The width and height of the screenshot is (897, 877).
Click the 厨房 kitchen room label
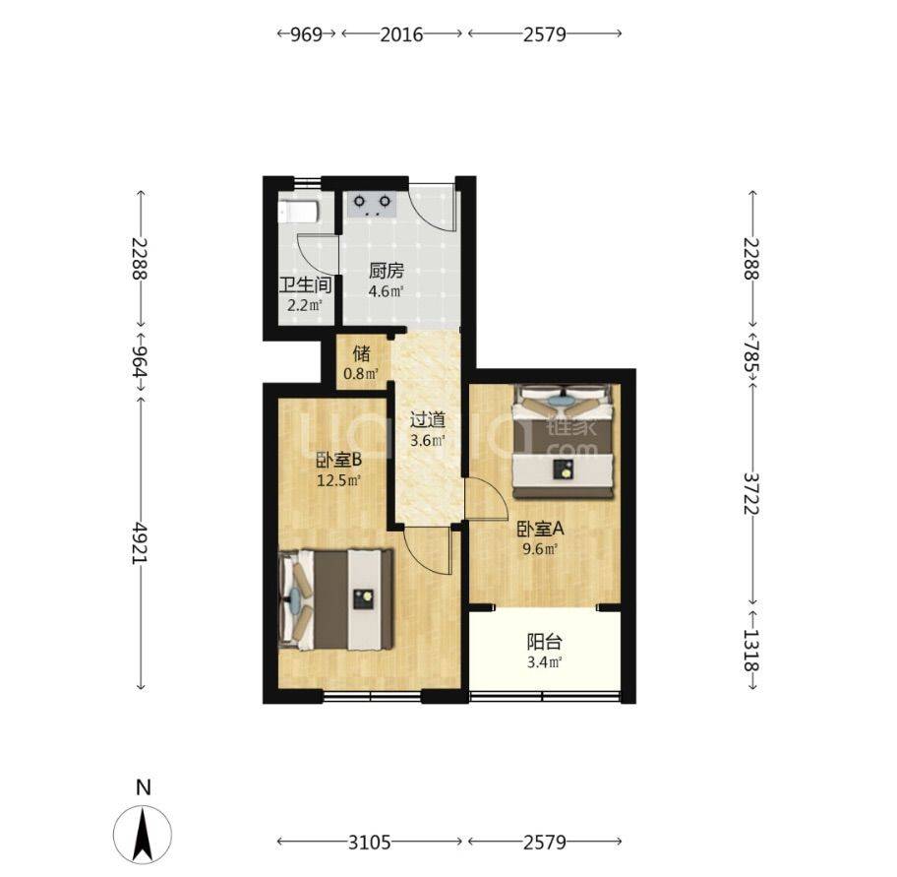tap(387, 271)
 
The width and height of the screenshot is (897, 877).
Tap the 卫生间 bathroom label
tap(305, 285)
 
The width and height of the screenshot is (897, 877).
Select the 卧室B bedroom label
tap(338, 460)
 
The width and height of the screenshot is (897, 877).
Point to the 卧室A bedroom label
tap(540, 529)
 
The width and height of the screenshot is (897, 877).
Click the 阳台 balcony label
tap(544, 642)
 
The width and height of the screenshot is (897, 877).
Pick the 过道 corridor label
tap(427, 420)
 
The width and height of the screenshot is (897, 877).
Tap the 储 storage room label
tap(361, 353)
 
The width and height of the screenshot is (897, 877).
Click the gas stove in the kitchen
tap(373, 204)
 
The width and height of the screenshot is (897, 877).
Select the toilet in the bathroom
tap(297, 212)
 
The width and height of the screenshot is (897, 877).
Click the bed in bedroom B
tap(335, 599)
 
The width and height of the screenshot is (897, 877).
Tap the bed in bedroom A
tap(564, 441)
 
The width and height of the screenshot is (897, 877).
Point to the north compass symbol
tap(143, 834)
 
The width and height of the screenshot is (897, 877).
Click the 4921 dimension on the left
tap(140, 541)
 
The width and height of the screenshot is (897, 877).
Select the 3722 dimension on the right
tap(751, 493)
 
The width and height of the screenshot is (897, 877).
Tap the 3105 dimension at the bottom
tap(370, 843)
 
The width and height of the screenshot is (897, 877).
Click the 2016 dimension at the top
tap(401, 34)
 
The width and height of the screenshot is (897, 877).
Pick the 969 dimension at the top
tap(307, 34)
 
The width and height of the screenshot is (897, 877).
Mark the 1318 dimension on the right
tap(751, 651)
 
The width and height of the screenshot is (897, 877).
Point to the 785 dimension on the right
tap(751, 355)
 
